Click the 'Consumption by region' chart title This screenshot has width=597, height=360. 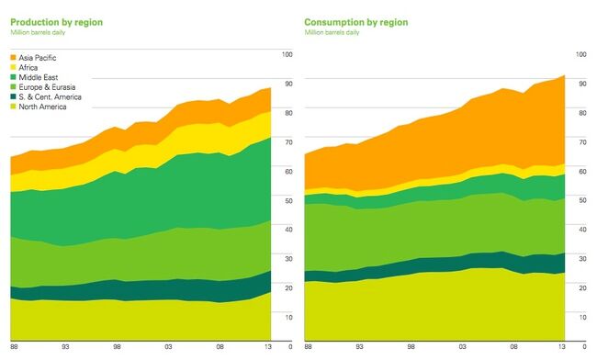coord(355,21)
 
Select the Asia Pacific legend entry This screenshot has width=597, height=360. coord(39,58)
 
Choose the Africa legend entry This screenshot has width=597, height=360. coord(29,67)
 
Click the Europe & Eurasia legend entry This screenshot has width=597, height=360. coord(45,86)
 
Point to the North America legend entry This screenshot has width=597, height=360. coord(42,107)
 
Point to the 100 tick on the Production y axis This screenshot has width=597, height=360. coord(286,55)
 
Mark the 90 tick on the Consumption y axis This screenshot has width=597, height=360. coord(582,84)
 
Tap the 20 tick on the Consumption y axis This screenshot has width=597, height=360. coord(582,287)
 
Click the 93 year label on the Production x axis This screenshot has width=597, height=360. coord(65,346)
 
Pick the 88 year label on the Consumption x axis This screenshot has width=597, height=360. coord(308,346)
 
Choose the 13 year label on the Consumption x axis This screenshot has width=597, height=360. coord(562,346)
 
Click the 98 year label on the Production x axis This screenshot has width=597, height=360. coord(117,346)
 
